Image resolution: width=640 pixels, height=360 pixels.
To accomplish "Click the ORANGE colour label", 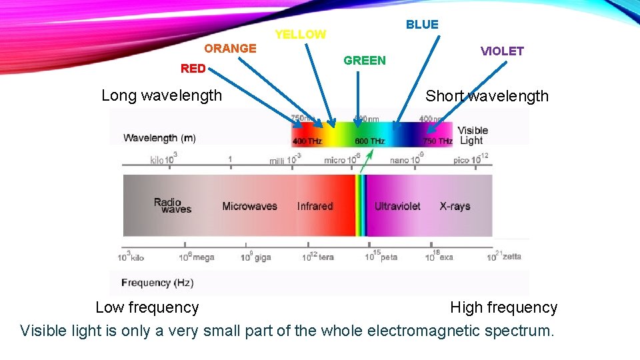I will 230,48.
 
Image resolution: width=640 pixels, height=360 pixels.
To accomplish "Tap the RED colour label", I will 193,68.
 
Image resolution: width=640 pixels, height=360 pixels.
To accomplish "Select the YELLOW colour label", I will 301,34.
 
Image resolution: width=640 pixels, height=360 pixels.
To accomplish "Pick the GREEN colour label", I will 364,61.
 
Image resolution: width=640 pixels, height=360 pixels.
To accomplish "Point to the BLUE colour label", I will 422,25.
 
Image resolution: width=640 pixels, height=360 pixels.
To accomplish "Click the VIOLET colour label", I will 502,51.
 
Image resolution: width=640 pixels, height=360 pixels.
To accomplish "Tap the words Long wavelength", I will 161,95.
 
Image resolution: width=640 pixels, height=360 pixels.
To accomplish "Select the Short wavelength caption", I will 487,96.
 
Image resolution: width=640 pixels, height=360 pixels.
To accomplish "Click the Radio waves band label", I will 172,205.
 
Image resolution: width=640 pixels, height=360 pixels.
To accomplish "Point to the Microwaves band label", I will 249,206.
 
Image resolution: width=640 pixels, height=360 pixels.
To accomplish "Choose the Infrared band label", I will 315,206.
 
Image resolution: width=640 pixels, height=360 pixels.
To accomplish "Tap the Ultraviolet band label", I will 397,206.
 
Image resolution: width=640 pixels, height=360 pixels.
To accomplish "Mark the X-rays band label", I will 455,206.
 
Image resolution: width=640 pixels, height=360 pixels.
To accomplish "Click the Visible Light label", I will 473,135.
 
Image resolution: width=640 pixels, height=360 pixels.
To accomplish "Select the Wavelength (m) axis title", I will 160,138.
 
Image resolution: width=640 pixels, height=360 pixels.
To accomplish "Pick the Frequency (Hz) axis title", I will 157,283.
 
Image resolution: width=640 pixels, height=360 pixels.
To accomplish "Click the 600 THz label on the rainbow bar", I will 370,141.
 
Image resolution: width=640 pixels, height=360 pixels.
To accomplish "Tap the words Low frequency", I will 147,307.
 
